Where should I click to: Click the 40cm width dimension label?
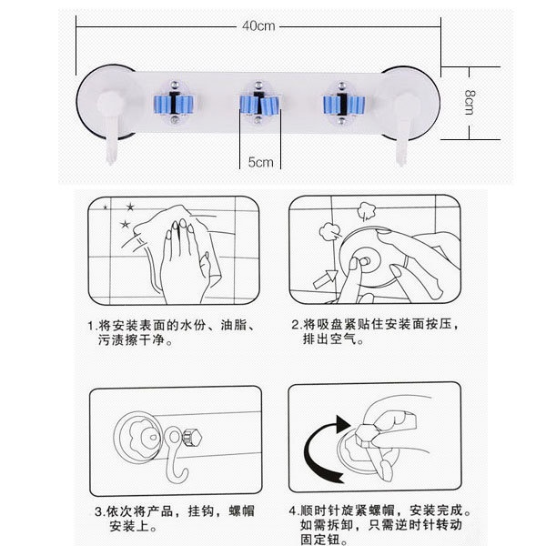(258, 25)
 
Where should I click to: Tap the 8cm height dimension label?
(470, 102)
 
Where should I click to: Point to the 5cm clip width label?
(260, 162)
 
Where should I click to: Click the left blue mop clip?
(174, 103)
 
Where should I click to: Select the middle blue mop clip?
(259, 104)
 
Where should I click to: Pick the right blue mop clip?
(343, 104)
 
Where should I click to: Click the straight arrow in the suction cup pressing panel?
(326, 278)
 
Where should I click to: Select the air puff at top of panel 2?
(365, 211)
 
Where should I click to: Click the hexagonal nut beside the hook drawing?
(192, 438)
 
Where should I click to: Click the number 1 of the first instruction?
(92, 326)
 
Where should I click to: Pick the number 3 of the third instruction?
(99, 511)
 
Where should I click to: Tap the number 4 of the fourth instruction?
(293, 511)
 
